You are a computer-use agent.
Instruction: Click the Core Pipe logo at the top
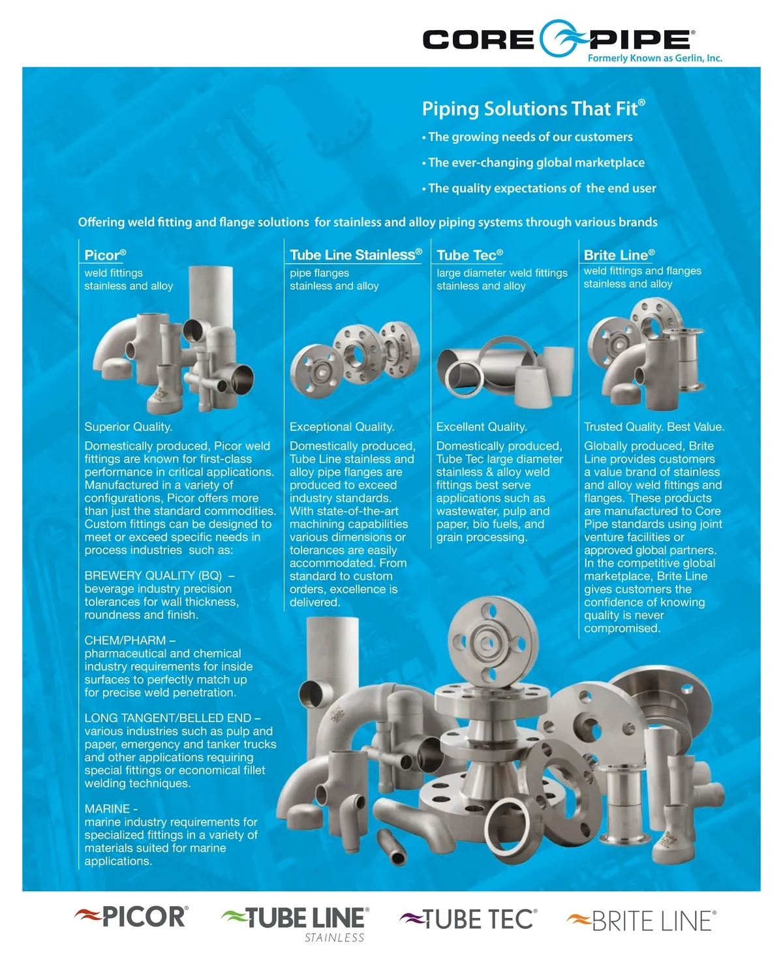tap(559, 39)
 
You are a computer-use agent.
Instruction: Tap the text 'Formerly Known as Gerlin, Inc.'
tap(654, 58)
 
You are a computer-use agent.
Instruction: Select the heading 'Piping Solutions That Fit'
tap(533, 108)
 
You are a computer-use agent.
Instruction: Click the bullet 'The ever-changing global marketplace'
tap(533, 163)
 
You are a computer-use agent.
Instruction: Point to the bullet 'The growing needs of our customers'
tap(527, 136)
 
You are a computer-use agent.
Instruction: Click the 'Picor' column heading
tap(105, 255)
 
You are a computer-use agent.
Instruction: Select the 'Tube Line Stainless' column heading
tap(356, 255)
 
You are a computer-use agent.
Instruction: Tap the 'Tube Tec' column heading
tap(470, 255)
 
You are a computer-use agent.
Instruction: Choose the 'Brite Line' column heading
tap(619, 255)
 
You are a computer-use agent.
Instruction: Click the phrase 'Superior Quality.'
tap(128, 427)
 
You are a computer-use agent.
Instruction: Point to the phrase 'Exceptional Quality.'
tap(342, 427)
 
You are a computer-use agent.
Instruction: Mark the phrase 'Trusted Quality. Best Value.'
tap(654, 427)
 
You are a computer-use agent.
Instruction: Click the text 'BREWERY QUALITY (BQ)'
tap(153, 576)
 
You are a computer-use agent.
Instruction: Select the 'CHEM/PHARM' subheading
tap(125, 640)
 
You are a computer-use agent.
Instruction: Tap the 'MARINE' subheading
tap(107, 809)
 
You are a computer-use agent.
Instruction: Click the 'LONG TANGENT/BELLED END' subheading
tap(168, 718)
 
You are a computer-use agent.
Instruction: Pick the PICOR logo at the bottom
tap(131, 916)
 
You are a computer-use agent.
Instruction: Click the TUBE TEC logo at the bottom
tap(468, 919)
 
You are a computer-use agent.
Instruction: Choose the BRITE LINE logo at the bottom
tap(641, 921)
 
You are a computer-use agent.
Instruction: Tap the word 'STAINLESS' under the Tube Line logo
tap(334, 937)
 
